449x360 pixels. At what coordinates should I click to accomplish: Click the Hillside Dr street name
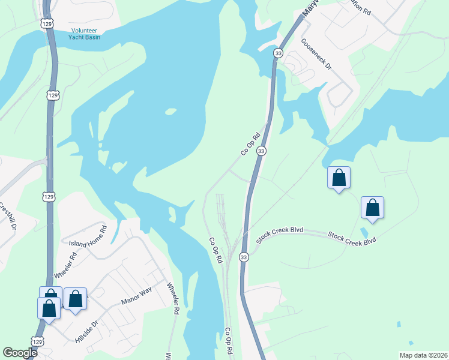point(86,330)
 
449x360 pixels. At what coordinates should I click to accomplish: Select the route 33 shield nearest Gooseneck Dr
point(278,53)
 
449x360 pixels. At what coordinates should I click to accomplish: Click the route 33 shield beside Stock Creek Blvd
point(243,257)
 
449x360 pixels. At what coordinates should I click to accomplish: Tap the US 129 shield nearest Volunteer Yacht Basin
point(47,23)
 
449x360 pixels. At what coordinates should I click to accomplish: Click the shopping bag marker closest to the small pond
point(372,208)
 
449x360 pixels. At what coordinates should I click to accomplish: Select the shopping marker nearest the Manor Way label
point(76,298)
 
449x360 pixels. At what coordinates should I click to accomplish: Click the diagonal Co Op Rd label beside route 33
point(253,144)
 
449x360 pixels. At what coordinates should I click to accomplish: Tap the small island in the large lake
point(171,111)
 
